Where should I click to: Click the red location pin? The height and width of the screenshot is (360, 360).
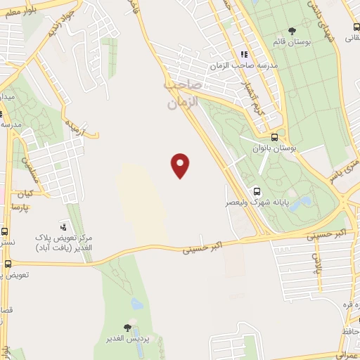[x=181, y=165]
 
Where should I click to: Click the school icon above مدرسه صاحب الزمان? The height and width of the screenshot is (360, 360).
[x=244, y=54]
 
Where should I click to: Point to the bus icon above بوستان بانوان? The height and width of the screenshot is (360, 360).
[x=274, y=138]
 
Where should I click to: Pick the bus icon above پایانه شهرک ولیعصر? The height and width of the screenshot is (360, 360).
[x=257, y=191]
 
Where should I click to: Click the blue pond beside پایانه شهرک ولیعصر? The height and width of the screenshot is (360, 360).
[x=304, y=204]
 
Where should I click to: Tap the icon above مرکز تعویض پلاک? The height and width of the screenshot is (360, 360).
[x=64, y=227]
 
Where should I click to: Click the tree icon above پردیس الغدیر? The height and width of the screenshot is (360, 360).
[x=127, y=327]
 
